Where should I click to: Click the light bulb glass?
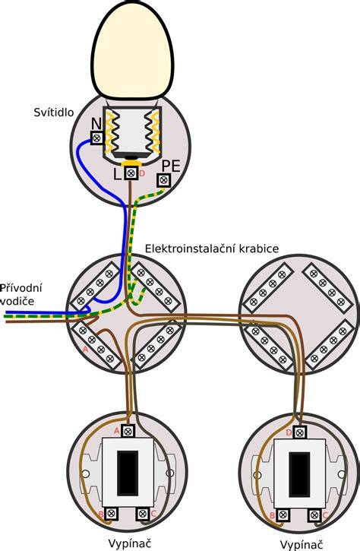coord(133,49)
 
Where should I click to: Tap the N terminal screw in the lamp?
coord(97,138)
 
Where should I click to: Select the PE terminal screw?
coord(163,180)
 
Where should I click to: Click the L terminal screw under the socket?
coord(131,173)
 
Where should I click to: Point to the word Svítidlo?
coord(54,112)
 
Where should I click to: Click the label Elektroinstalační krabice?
coord(212,249)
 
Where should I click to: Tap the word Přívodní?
coord(21,288)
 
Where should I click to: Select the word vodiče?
coord(17,301)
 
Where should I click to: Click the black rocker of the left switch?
coord(128,473)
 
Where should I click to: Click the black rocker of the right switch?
coord(299,474)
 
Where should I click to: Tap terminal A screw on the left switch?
coord(128,431)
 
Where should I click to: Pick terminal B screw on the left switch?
coord(112,514)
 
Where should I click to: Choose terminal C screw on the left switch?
coord(143,514)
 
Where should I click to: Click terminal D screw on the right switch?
coord(299,432)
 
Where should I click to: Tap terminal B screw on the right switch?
coord(283,515)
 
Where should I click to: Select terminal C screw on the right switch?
coord(314,515)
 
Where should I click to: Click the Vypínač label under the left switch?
coord(130,543)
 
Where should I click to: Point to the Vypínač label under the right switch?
coord(302,545)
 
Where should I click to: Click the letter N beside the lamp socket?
coord(96,124)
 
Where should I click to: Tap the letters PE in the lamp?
coord(171,166)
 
